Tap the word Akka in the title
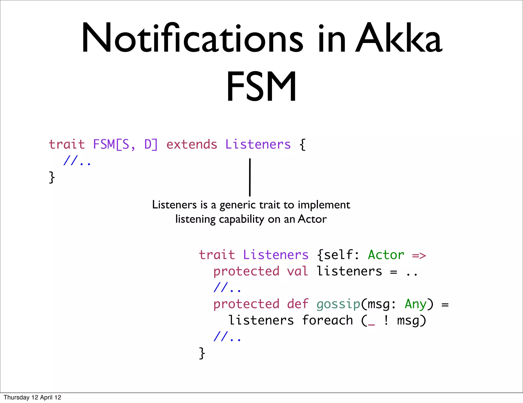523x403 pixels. pos(398,38)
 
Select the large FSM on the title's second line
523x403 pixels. pos(261,87)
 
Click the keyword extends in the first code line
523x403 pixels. pos(192,144)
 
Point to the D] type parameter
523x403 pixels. pos(151,144)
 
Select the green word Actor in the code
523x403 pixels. pos(386,255)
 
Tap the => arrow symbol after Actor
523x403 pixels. pos(419,255)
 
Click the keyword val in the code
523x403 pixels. pos(298,271)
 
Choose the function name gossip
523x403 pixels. pos(338,304)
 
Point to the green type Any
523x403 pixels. pos(415,304)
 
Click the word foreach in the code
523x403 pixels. pos(327,320)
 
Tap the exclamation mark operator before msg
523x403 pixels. pos(386,320)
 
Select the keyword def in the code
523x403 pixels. pos(298,304)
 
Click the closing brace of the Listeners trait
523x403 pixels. pos(202,353)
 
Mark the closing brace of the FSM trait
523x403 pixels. pos(52,177)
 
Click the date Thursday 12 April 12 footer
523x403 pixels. pos(32,397)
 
